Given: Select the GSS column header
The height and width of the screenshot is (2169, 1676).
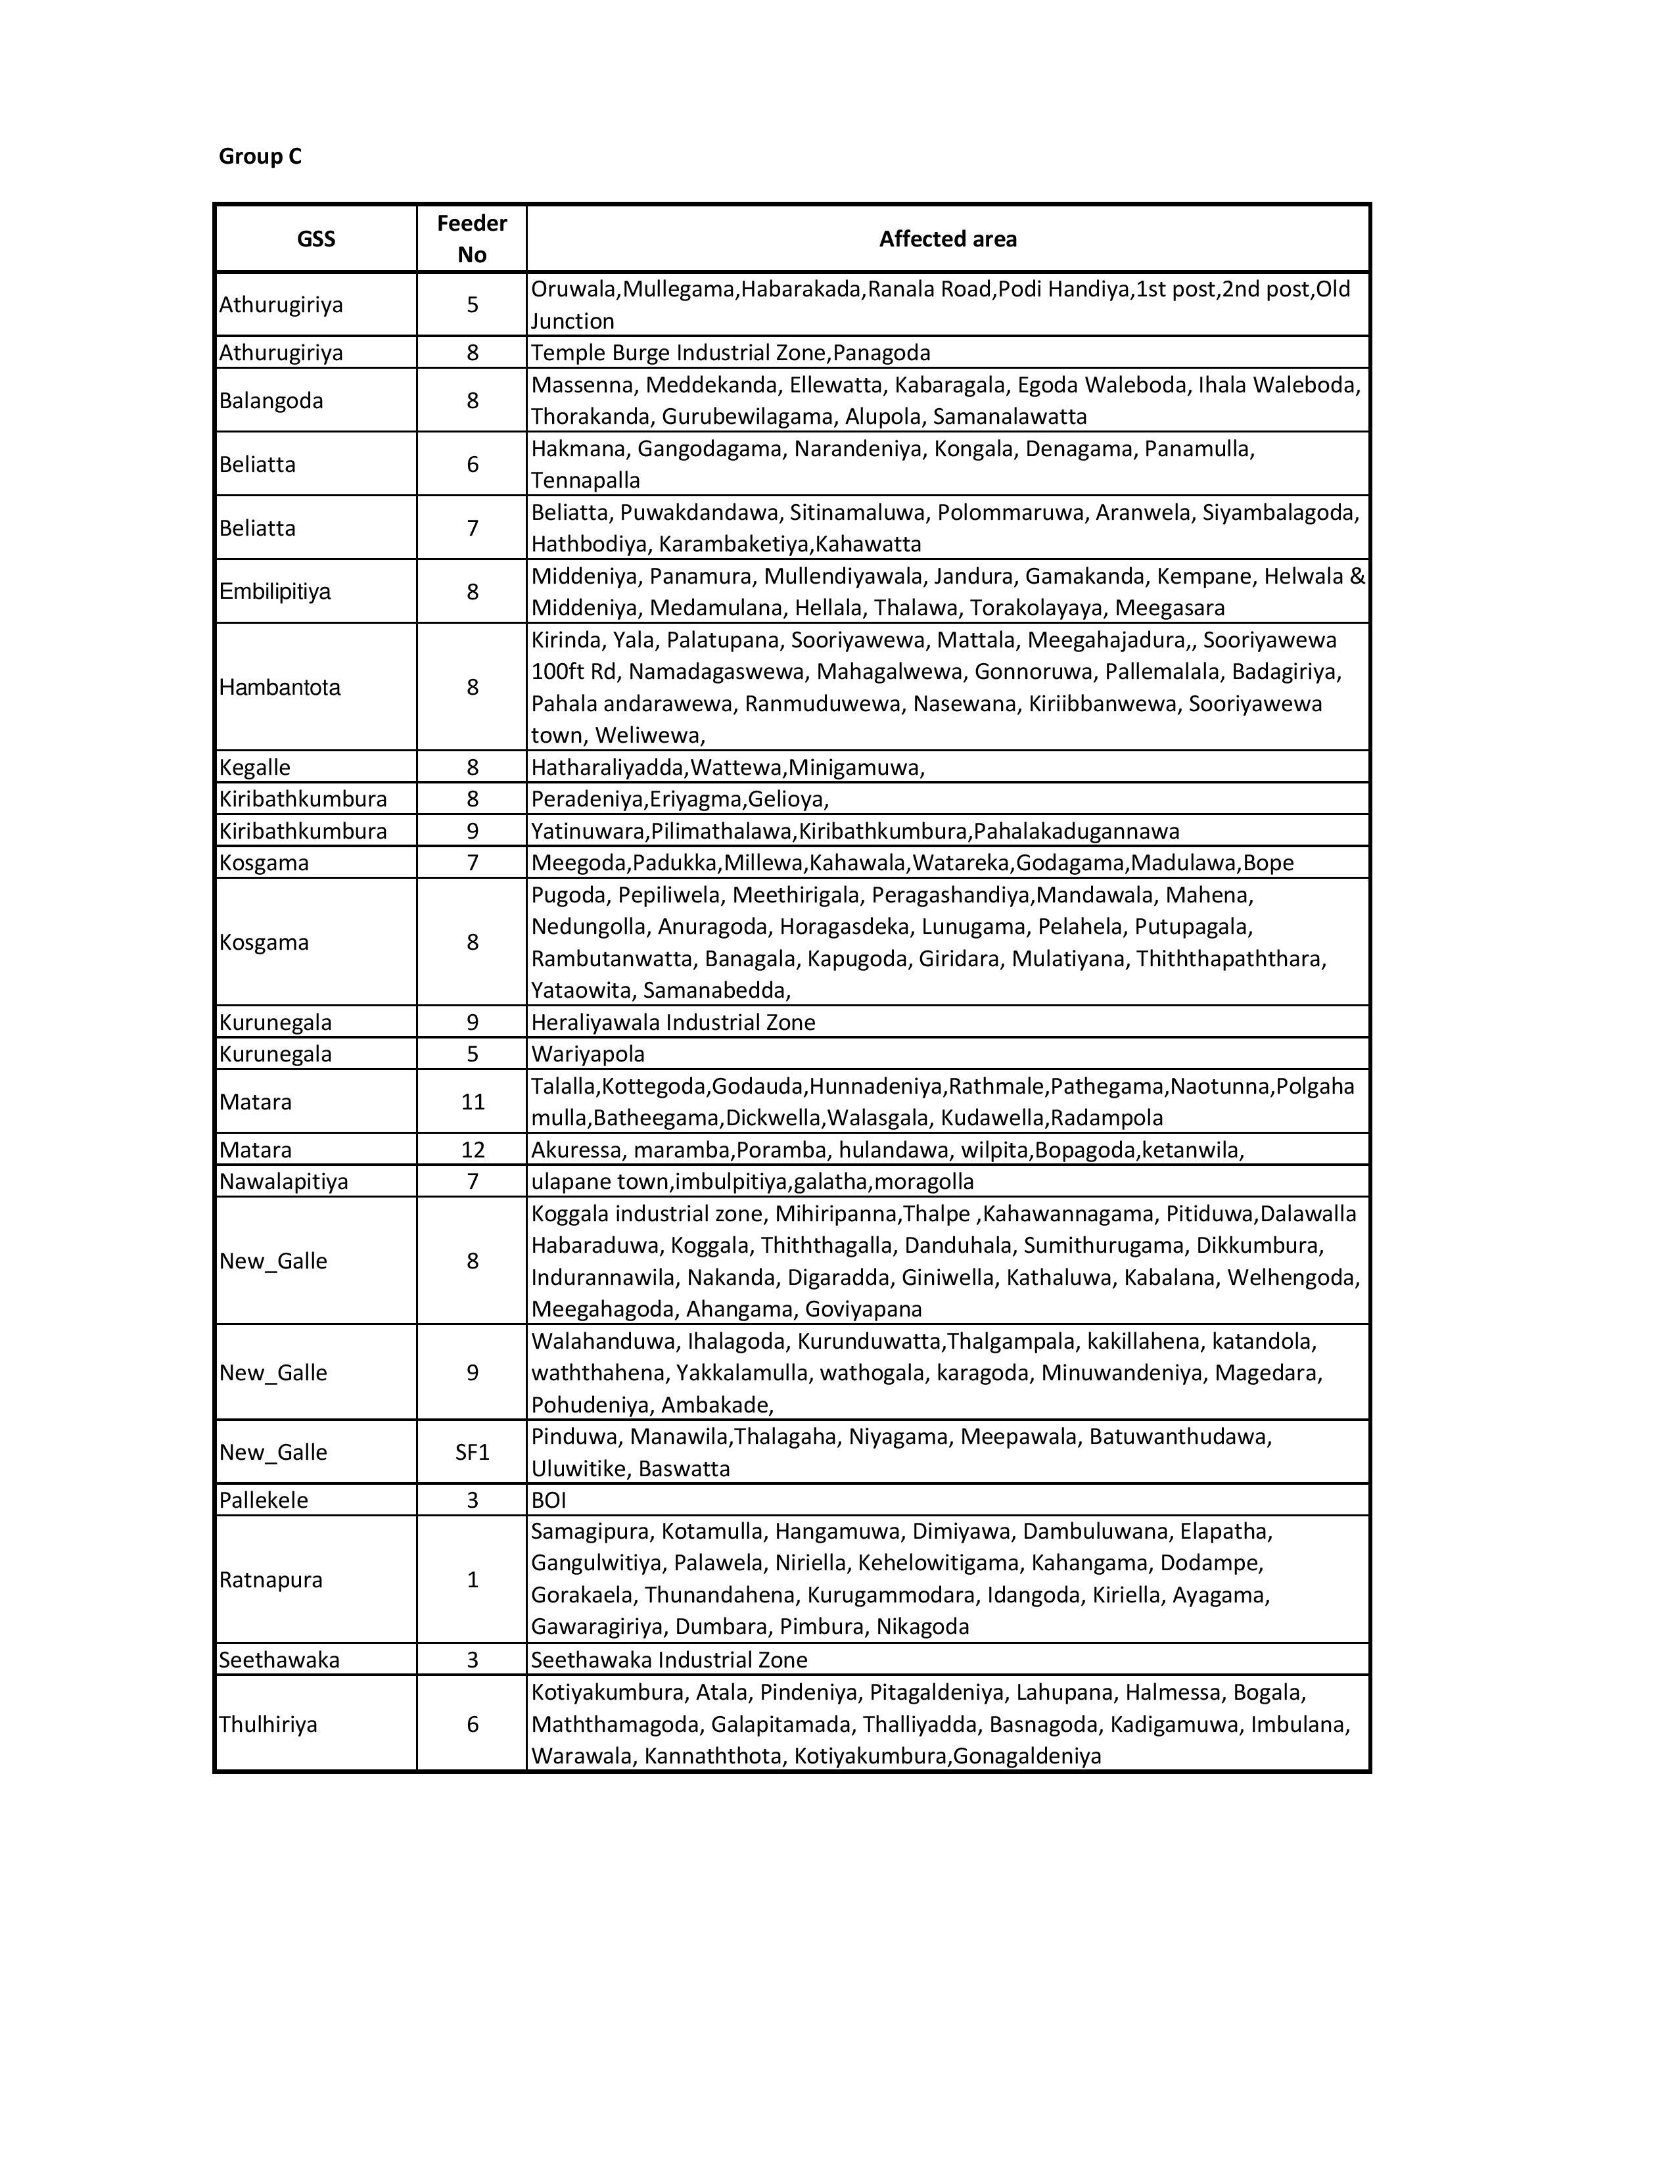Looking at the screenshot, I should click(x=315, y=239).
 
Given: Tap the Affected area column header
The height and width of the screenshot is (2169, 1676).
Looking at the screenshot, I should click(x=947, y=239).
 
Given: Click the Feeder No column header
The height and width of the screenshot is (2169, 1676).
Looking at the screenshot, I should click(x=472, y=239).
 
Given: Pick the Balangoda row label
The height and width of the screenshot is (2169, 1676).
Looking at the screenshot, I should click(x=271, y=401).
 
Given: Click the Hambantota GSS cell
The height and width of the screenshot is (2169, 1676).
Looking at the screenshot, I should click(x=280, y=688).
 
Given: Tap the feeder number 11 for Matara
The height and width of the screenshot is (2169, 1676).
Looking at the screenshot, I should click(x=473, y=1102).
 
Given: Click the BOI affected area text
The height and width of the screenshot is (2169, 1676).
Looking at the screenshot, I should click(x=549, y=1501).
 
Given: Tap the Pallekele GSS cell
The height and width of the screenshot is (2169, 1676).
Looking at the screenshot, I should click(x=264, y=1501).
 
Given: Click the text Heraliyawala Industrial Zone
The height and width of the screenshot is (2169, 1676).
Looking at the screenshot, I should click(x=673, y=1023).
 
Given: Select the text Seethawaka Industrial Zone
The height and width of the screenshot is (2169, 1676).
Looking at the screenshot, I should click(x=669, y=1660).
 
